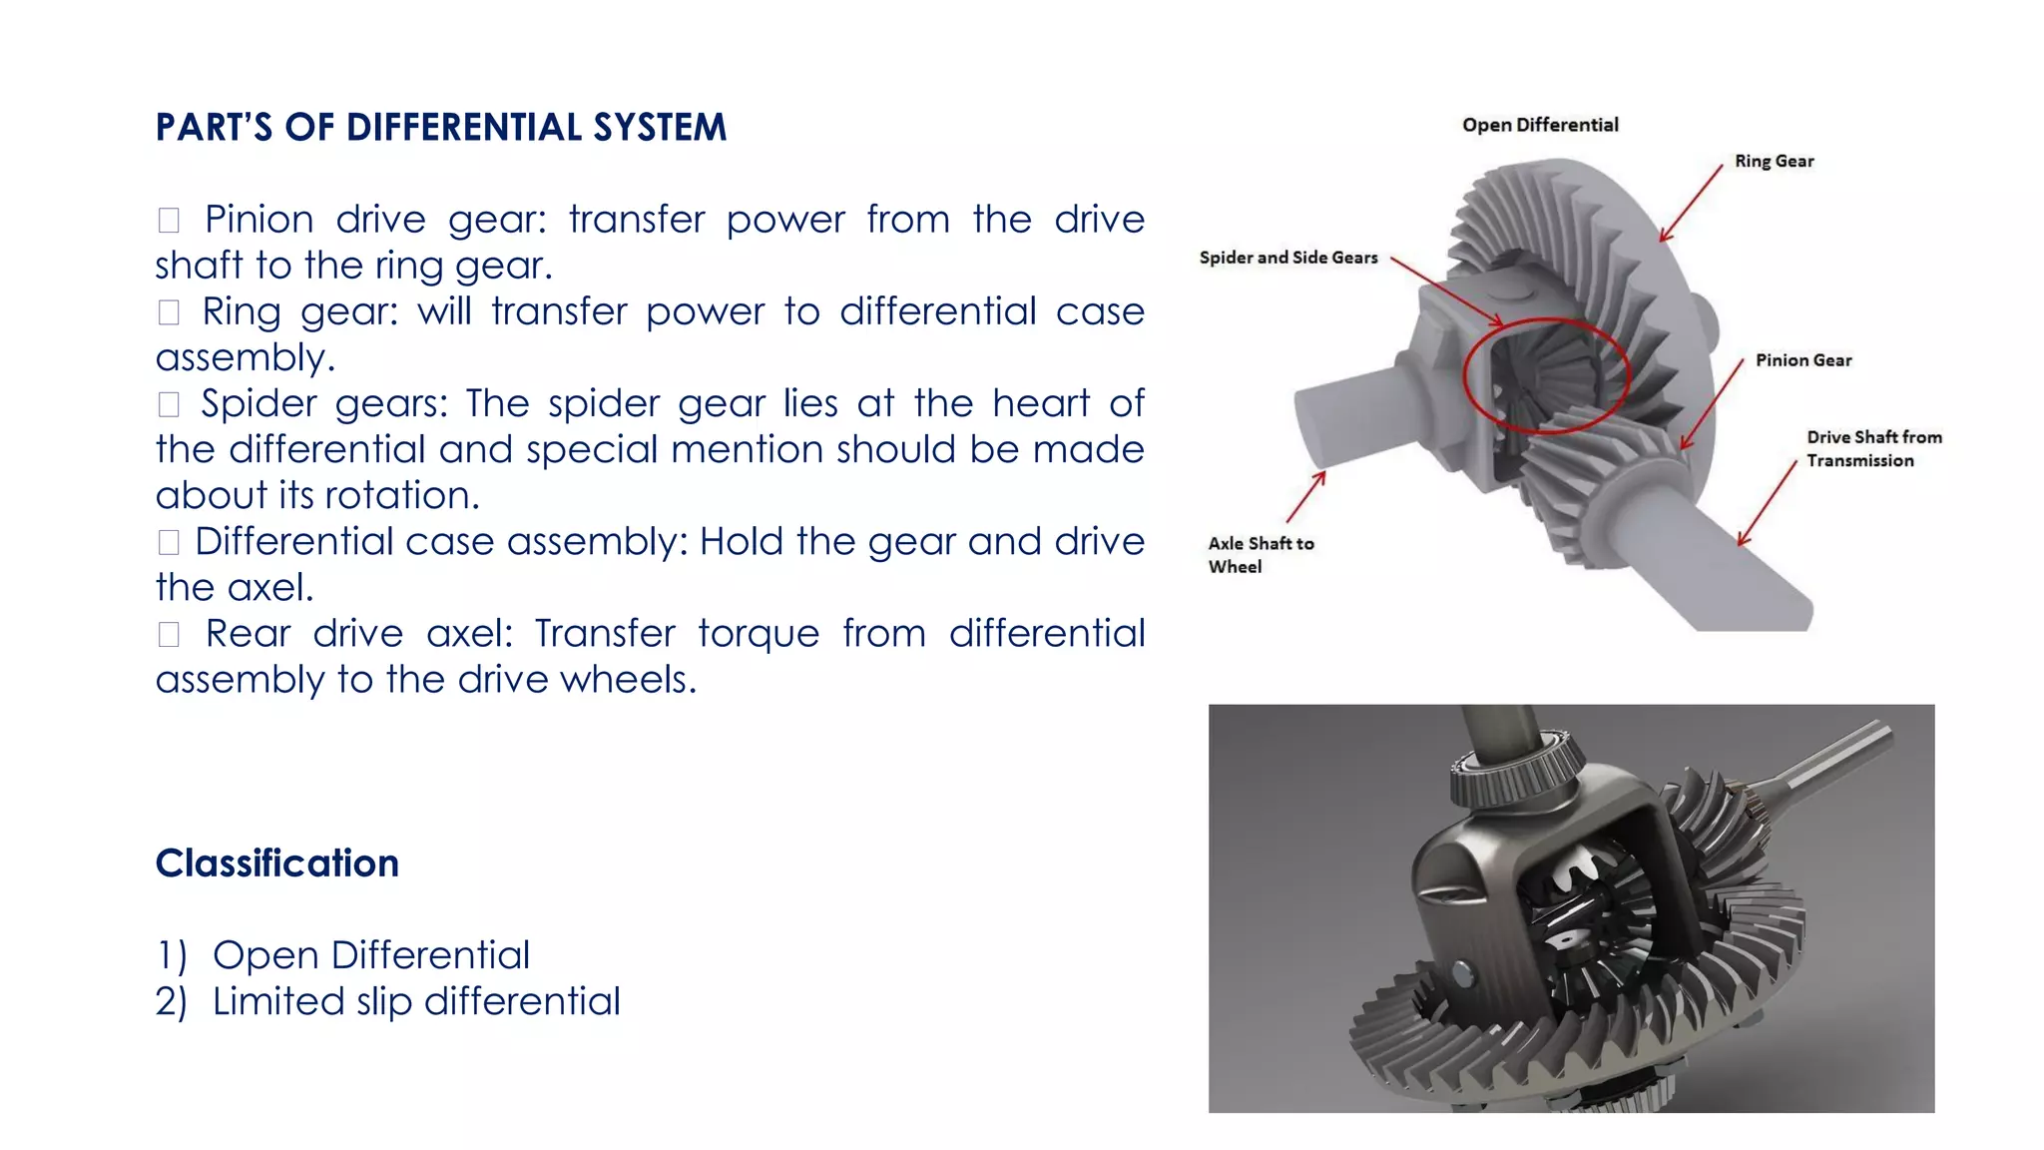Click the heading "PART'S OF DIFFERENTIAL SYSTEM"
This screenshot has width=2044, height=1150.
440,128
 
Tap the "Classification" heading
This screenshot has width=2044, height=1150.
276,863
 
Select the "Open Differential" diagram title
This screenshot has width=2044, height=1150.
1540,125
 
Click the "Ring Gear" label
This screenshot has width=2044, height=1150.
1774,162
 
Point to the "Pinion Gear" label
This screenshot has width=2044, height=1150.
1803,360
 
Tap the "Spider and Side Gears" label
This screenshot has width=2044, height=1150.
1287,258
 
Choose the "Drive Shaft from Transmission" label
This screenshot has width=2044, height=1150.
1872,448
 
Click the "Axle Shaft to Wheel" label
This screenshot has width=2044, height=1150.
1260,554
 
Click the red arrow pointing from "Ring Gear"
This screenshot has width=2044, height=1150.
1691,203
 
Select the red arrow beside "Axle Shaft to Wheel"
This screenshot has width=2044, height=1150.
1305,497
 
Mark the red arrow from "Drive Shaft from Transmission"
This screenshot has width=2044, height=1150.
1767,503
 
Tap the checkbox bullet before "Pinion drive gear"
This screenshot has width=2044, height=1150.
169,220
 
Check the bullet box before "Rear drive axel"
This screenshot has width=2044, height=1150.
169,634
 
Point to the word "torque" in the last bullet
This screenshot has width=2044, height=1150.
758,634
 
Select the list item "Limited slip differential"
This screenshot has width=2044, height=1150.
416,1001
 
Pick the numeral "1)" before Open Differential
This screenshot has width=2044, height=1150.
171,955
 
